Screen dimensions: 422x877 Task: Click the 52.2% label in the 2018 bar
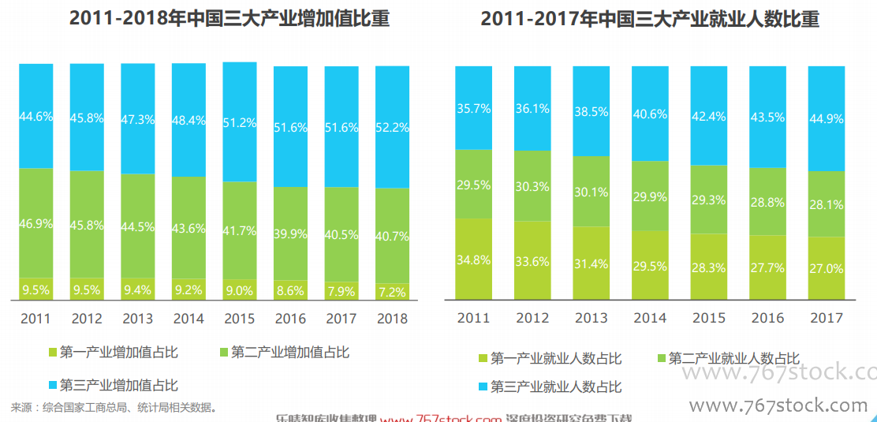[x=392, y=126]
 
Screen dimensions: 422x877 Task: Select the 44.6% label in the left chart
[x=36, y=117]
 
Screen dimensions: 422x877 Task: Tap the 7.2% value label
[x=392, y=292]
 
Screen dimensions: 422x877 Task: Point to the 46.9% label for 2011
[x=36, y=224]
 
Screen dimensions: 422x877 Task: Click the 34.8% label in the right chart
[x=474, y=259]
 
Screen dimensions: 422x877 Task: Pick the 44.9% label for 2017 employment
[x=827, y=119]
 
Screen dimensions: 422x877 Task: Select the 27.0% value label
[x=827, y=269]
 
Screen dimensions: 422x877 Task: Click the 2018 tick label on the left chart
[x=392, y=319]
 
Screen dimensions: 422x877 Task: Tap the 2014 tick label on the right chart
[x=650, y=318]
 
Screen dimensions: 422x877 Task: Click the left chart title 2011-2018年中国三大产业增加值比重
[x=230, y=19]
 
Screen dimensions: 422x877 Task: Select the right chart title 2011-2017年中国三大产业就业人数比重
[x=650, y=19]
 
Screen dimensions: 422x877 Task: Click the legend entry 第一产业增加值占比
[x=119, y=353]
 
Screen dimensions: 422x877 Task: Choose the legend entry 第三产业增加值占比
[x=119, y=386]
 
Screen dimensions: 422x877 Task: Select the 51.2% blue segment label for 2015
[x=239, y=123]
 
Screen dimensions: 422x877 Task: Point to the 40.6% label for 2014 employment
[x=650, y=114]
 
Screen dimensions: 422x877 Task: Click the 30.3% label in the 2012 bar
[x=532, y=187]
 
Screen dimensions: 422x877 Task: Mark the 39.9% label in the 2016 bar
[x=290, y=233]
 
